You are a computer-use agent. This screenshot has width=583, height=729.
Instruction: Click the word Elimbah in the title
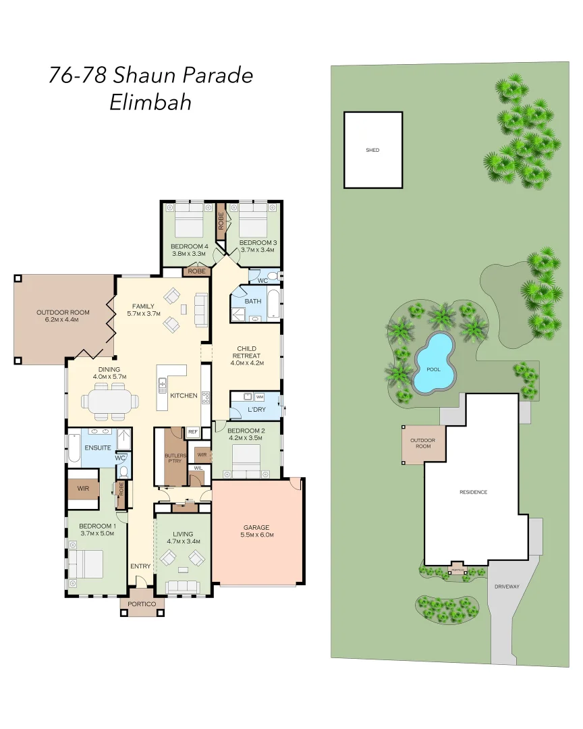(150, 103)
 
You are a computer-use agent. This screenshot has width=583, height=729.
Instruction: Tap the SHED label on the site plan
(372, 150)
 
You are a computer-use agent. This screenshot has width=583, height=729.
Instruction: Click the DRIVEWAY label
(506, 587)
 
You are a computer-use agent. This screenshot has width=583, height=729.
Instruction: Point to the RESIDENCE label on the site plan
(473, 492)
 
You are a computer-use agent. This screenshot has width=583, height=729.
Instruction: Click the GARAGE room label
(256, 527)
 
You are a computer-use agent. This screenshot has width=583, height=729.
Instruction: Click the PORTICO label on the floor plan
(142, 603)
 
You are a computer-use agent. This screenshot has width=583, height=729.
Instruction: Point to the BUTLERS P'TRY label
(175, 458)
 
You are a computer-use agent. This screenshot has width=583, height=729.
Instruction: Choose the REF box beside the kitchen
(192, 431)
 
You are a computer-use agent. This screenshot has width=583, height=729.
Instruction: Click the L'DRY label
(256, 410)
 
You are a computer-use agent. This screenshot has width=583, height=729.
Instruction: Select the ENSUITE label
(97, 448)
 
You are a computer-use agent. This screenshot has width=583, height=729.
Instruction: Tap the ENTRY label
(140, 566)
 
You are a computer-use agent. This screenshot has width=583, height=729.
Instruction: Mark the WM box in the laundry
(259, 397)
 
